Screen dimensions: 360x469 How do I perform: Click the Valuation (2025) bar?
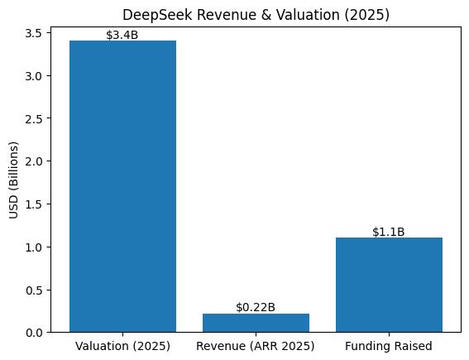[x=122, y=186]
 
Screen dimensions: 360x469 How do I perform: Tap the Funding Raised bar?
[x=389, y=285]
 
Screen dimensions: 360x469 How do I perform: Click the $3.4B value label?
[x=122, y=35]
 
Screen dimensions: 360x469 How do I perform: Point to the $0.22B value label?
[x=256, y=307]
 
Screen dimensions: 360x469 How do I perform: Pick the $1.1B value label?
[x=389, y=232]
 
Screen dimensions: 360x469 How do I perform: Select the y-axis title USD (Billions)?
[x=13, y=180]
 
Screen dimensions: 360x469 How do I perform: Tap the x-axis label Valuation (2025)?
[x=122, y=345]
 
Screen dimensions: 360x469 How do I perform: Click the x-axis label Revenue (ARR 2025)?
[x=256, y=345]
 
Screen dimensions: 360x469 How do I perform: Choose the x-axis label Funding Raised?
[x=389, y=345]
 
